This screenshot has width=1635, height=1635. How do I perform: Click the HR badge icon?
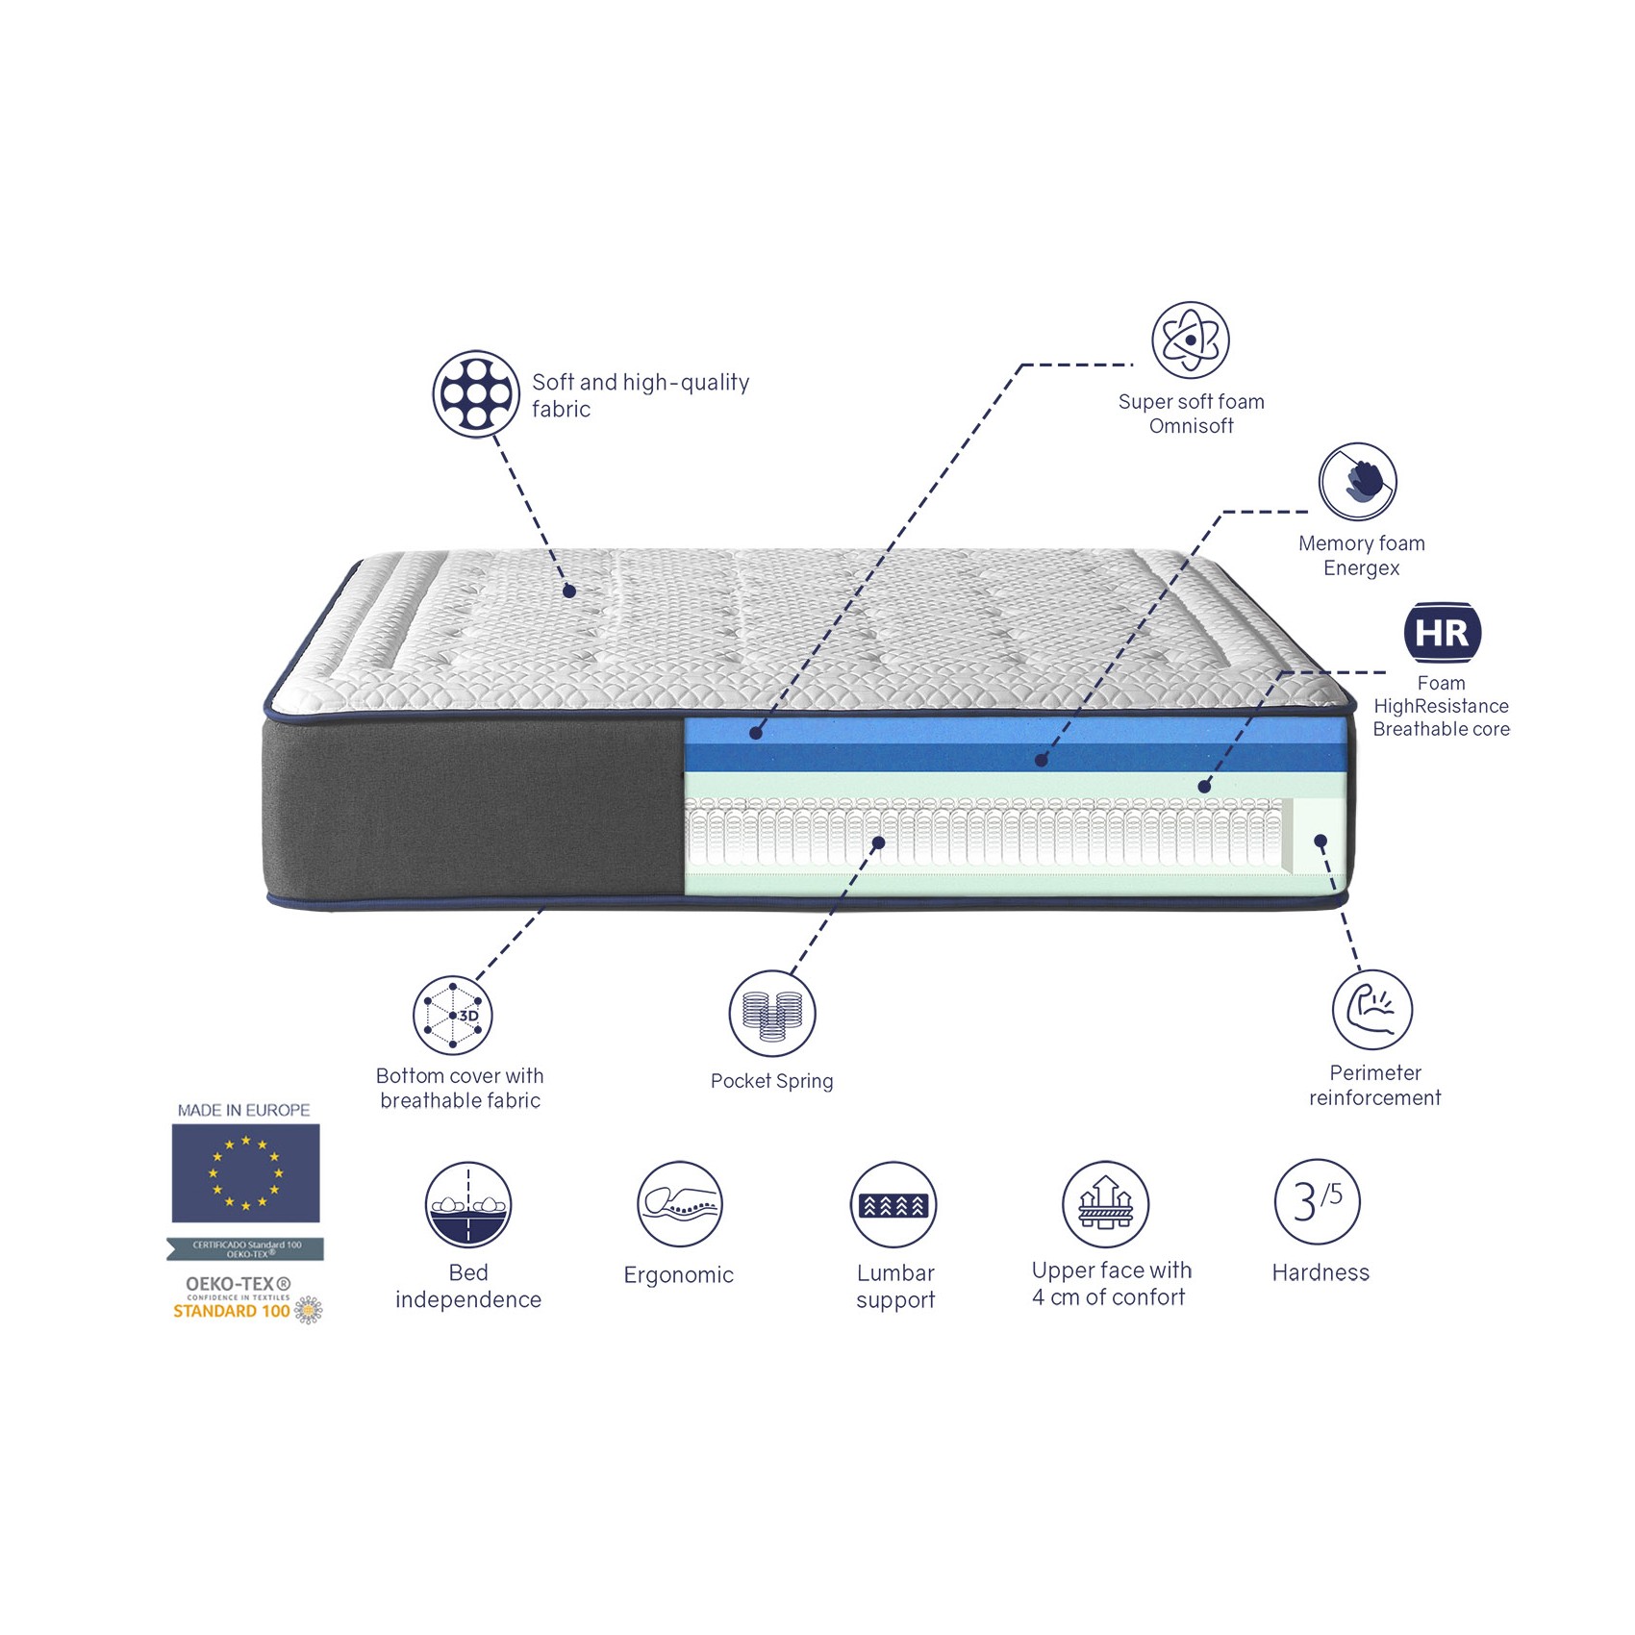[x=1442, y=633]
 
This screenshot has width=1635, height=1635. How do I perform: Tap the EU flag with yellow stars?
[x=245, y=1173]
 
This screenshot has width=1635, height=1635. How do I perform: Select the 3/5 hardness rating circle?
[x=1317, y=1201]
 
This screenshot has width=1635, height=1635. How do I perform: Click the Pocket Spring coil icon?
[x=772, y=1014]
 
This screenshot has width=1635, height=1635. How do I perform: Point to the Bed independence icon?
[x=468, y=1205]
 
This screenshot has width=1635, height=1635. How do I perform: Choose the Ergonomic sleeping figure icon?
[x=680, y=1204]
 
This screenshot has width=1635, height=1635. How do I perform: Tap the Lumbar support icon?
[x=893, y=1205]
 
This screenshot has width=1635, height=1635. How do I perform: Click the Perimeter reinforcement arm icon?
[x=1372, y=1009]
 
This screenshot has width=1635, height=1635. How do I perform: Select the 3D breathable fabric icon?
[x=453, y=1016]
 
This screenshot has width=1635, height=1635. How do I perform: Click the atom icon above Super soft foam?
[x=1191, y=340]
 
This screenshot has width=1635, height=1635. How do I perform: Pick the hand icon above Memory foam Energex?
[x=1358, y=482]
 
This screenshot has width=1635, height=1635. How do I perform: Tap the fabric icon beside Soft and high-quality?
[x=476, y=393]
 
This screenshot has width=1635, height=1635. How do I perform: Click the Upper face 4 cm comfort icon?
[x=1105, y=1204]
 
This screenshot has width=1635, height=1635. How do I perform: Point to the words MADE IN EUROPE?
[x=243, y=1110]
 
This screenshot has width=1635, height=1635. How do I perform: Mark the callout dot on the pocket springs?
[x=878, y=843]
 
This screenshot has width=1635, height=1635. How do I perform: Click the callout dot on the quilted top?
[x=569, y=591]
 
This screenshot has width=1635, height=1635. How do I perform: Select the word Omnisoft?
[x=1191, y=426]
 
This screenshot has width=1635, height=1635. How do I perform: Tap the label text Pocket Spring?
[x=771, y=1081]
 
